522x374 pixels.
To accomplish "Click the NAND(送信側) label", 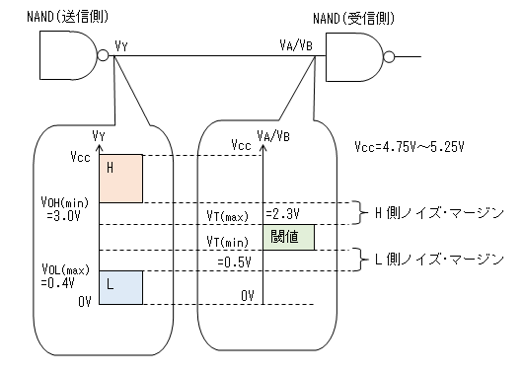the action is click(x=68, y=17).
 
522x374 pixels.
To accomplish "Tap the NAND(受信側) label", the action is click(x=354, y=19).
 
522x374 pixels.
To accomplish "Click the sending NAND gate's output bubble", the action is click(x=104, y=55).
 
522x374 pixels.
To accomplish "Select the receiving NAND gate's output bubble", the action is click(x=389, y=57).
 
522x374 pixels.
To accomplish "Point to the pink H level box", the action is click(x=120, y=179).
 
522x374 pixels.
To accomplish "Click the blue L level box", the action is click(x=120, y=287).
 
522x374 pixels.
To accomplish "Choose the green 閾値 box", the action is click(x=289, y=237).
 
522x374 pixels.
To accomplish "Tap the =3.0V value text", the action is click(x=63, y=216).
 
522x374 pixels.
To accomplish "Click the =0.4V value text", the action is click(x=58, y=283).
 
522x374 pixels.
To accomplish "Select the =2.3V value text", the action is click(x=282, y=214).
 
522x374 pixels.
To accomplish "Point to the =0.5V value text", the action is click(x=235, y=262).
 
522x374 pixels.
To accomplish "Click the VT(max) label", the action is click(x=228, y=216).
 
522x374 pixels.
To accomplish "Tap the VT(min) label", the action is click(x=228, y=242).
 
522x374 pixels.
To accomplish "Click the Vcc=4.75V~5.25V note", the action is click(x=410, y=146).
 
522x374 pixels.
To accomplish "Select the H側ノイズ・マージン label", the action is click(x=439, y=213).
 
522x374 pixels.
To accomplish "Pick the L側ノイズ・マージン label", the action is click(x=439, y=260).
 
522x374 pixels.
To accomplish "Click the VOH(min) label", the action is click(x=65, y=202).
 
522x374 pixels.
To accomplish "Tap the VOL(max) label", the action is click(x=65, y=269).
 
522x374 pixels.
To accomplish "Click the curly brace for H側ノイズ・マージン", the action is click(x=361, y=213).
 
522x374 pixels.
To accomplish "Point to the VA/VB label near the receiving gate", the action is click(x=296, y=45).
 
